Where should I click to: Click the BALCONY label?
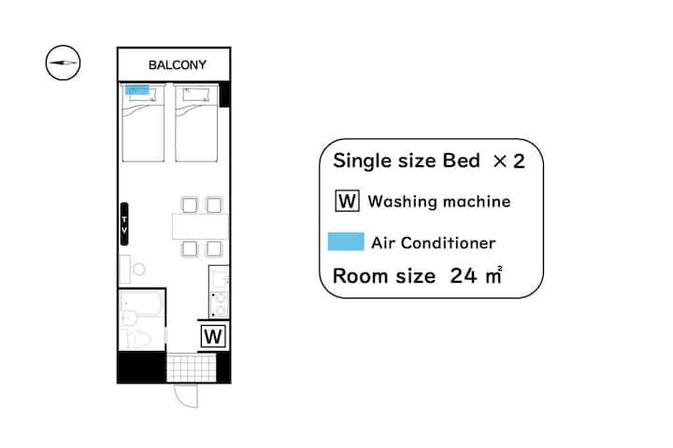click(x=178, y=64)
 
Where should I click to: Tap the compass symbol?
click(x=64, y=63)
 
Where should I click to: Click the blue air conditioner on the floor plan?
click(x=136, y=90)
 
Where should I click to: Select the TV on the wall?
click(x=124, y=224)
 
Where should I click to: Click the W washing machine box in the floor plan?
click(x=213, y=336)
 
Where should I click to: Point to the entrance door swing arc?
click(x=181, y=400)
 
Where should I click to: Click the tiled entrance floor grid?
click(x=191, y=368)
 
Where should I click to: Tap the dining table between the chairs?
click(x=200, y=226)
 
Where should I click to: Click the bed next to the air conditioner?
click(x=143, y=123)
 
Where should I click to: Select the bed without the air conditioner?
click(x=196, y=123)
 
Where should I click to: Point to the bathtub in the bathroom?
click(x=142, y=302)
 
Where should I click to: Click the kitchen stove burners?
click(x=220, y=304)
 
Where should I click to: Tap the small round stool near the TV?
click(x=138, y=269)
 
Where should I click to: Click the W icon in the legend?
click(x=347, y=201)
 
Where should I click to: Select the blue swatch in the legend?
click(x=346, y=242)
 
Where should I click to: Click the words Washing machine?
click(x=439, y=202)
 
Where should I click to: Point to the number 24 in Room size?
click(x=463, y=275)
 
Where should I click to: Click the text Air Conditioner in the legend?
click(x=434, y=243)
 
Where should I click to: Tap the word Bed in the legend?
click(x=461, y=161)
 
